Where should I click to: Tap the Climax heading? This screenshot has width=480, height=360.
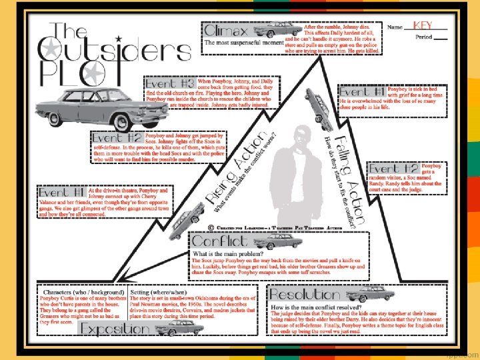coord(227,31)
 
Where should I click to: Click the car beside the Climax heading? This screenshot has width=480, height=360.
coord(265,30)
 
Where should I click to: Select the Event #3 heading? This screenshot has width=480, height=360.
coord(170,84)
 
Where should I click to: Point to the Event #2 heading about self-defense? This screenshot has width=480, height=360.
coord(117,138)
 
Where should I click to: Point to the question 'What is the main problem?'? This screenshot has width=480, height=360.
coord(229,255)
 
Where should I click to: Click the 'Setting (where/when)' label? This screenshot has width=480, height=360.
coord(159,292)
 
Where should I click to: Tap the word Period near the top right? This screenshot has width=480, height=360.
coord(424,37)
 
